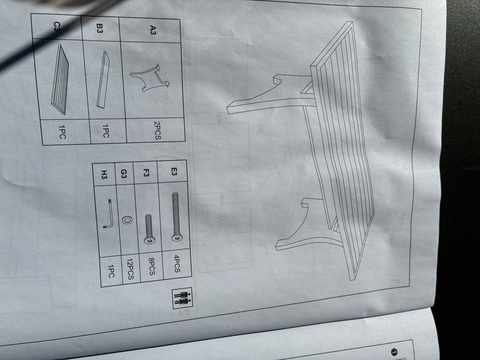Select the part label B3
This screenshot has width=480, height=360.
tap(100, 29)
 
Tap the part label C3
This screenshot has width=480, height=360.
tap(57, 26)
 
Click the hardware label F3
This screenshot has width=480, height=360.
tap(146, 172)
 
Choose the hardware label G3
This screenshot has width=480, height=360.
tap(123, 174)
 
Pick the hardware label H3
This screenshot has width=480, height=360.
tap(104, 175)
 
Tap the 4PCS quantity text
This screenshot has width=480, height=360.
tap(177, 263)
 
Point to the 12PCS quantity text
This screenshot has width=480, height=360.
tap(130, 269)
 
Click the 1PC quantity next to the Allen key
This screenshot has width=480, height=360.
tap(111, 271)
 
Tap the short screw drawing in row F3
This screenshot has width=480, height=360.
tap(149, 229)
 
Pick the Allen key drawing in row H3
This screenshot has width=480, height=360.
tap(109, 214)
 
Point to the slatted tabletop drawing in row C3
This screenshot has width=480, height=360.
tap(59, 79)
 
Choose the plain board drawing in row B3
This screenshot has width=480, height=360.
tap(103, 79)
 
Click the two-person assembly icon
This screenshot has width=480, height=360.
tap(182, 298)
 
